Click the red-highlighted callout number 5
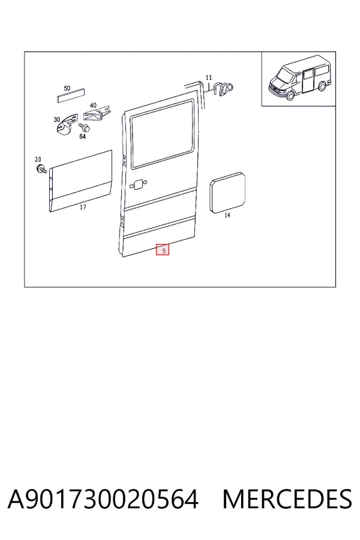click(164, 250)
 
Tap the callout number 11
click(209, 77)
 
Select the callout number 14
click(227, 215)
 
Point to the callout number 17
click(83, 207)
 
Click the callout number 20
click(38, 159)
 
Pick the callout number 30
click(57, 119)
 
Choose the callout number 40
click(93, 105)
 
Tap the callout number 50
click(67, 88)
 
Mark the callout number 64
click(82, 136)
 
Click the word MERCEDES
click(287, 499)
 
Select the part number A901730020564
click(103, 499)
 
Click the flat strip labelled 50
click(71, 95)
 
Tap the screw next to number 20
click(41, 169)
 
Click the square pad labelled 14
click(228, 193)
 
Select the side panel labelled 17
click(80, 181)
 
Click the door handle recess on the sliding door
click(138, 185)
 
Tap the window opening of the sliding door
click(162, 134)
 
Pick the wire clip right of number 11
click(223, 89)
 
